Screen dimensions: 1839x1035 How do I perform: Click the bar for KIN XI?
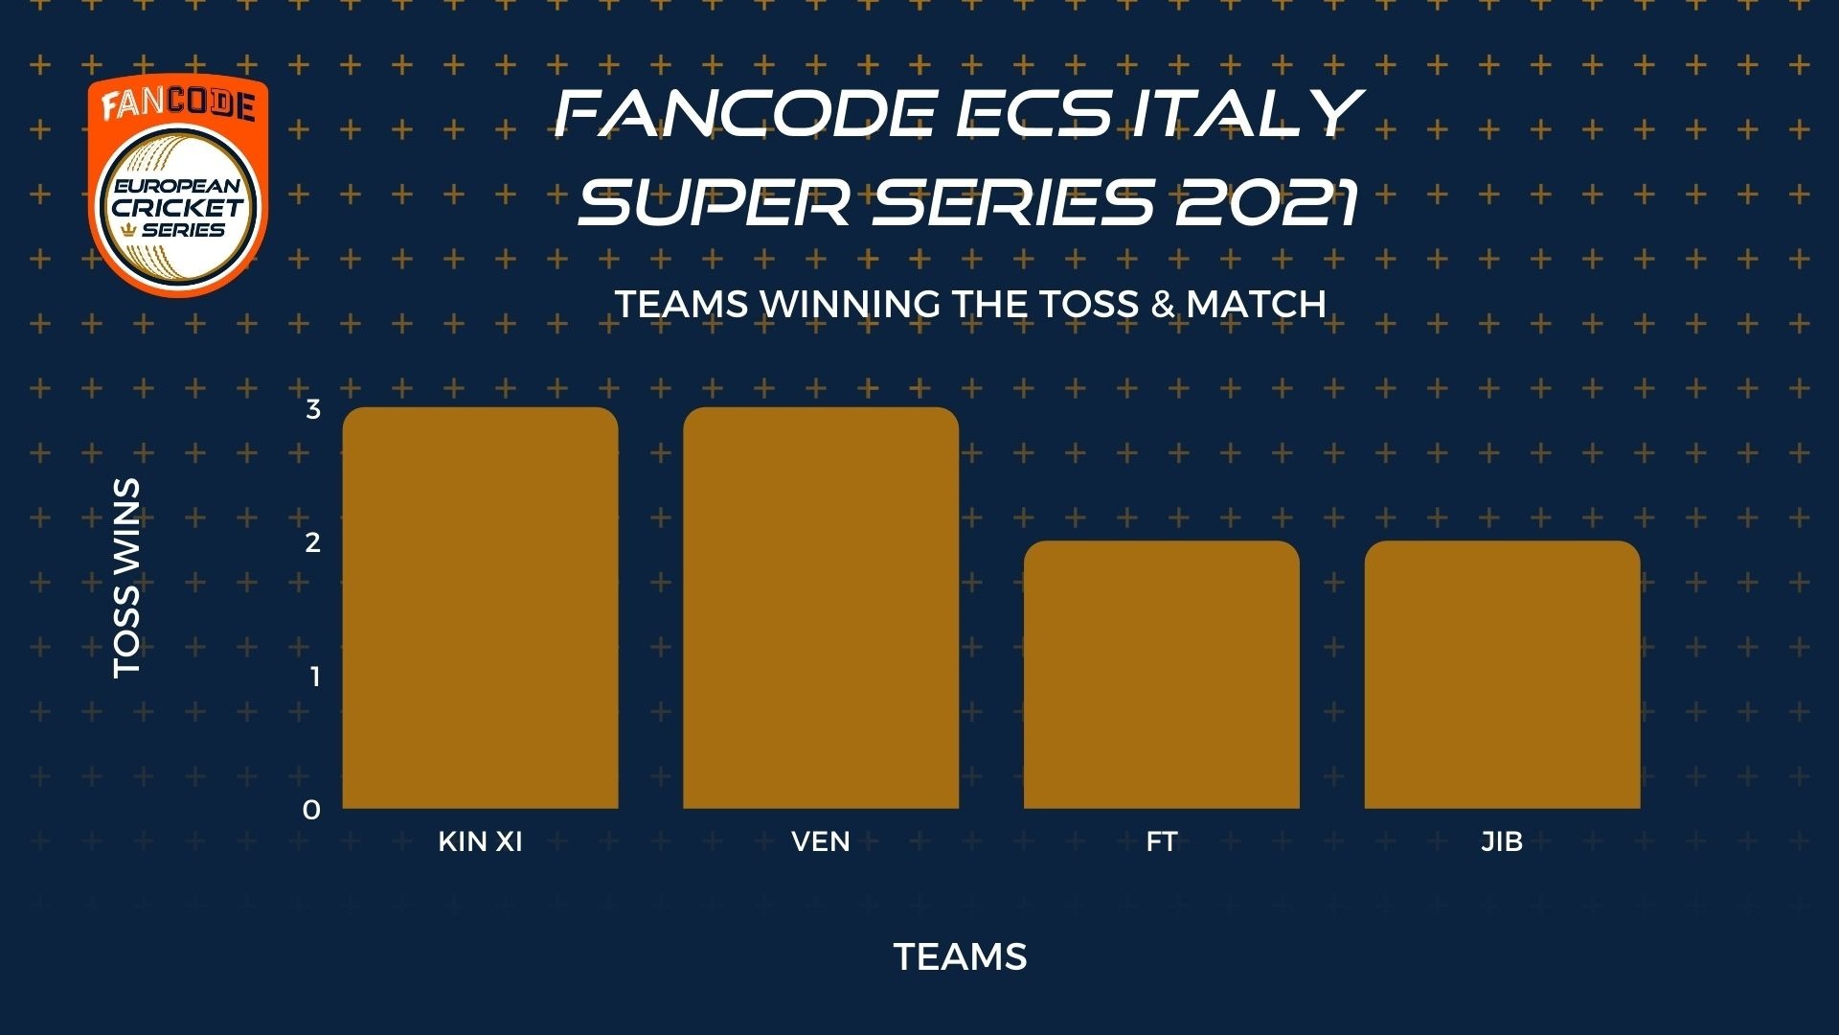(x=480, y=608)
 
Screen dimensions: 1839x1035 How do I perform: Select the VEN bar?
(x=821, y=608)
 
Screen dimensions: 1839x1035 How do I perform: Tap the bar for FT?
(x=1162, y=675)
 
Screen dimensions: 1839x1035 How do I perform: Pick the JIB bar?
(x=1503, y=675)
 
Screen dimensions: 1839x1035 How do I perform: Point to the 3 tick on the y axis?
(x=313, y=409)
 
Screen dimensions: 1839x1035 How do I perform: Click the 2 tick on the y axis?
(x=313, y=542)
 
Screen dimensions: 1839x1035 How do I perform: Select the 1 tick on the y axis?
(x=314, y=677)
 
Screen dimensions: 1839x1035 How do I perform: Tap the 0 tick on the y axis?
(x=311, y=810)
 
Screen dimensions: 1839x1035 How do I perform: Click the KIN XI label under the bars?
(x=480, y=841)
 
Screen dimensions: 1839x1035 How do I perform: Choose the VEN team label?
(x=821, y=841)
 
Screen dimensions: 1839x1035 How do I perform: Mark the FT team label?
(x=1162, y=841)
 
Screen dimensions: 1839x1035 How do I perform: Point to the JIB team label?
(x=1502, y=841)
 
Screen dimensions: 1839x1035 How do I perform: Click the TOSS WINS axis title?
(x=126, y=579)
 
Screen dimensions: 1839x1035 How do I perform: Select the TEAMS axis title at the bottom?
(x=961, y=956)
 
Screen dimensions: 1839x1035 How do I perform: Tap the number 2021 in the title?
(x=1268, y=202)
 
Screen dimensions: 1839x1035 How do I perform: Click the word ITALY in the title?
(x=1246, y=112)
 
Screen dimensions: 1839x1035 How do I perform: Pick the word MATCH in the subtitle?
(x=1256, y=304)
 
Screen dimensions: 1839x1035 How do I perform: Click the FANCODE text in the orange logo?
(x=178, y=103)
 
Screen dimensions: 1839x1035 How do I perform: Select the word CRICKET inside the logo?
(x=178, y=207)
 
